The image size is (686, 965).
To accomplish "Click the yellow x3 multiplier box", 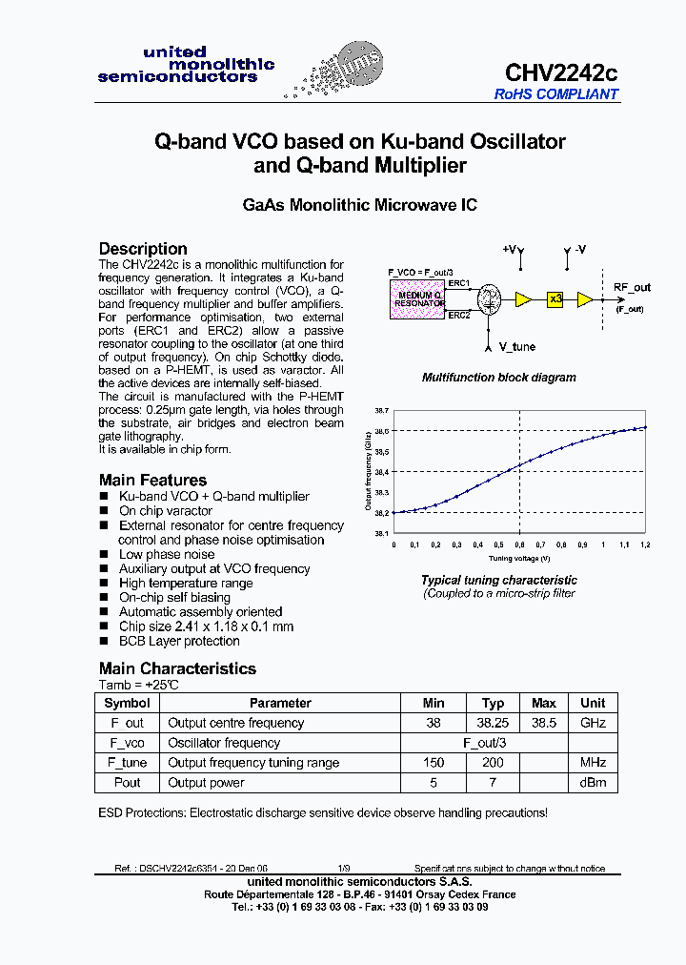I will coord(556,298).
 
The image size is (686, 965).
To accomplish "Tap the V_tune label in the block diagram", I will coord(517,347).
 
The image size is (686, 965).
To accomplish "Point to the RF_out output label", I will coord(632,287).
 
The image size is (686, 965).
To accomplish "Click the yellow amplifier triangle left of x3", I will coord(523,298).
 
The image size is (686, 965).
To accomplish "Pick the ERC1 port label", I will coord(459,283).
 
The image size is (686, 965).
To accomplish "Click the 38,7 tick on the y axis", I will coord(381,410).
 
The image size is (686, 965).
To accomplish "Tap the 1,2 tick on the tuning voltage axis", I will coord(645,544).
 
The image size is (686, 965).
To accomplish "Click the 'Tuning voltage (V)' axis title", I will coord(519,557).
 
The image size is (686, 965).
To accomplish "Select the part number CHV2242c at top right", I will coord(561,73).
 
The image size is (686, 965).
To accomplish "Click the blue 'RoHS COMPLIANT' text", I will coord(555,94).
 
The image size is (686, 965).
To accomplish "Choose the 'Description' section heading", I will coord(143,249).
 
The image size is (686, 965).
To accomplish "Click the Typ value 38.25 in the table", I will coord(493,723).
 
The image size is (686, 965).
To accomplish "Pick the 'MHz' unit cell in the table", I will coord(593,763).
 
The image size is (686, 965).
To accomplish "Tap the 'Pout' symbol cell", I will coord(127,783).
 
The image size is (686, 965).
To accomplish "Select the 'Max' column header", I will coord(544,703).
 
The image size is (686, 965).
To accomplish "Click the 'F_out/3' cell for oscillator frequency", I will coord(493,743).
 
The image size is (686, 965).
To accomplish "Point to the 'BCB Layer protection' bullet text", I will coord(178,641).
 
